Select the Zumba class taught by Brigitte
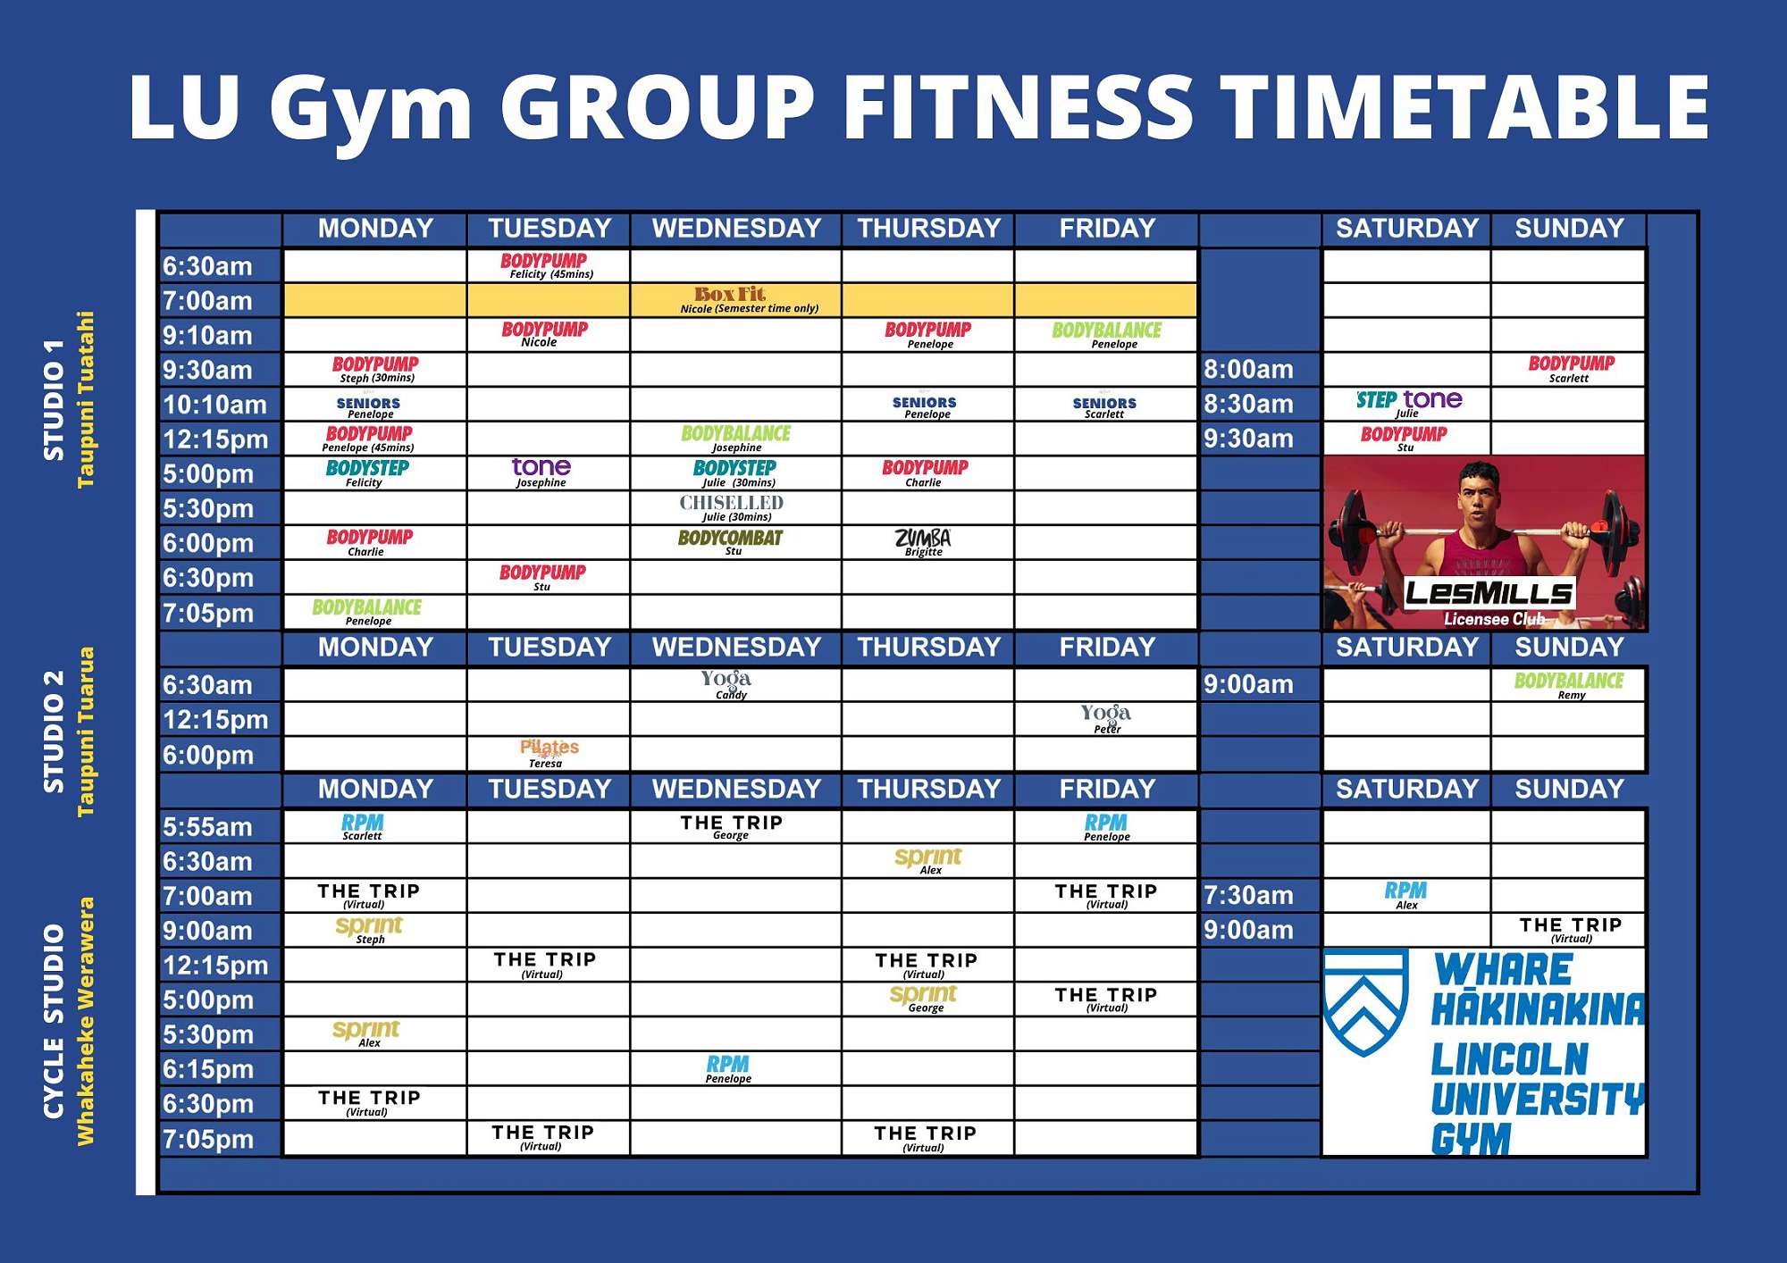coord(923,541)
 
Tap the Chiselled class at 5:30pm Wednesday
coord(732,506)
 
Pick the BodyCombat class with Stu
coord(730,541)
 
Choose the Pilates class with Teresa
coord(549,752)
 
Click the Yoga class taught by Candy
coord(726,683)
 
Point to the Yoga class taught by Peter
coord(1105,717)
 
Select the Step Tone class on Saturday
coord(1408,402)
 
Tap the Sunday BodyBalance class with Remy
coord(1568,684)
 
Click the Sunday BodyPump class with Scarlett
coord(1571,367)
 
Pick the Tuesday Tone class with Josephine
coord(541,471)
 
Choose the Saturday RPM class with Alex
coord(1405,894)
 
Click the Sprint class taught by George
coord(924,998)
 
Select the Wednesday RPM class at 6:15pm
coord(728,1067)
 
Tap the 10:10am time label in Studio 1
coord(214,405)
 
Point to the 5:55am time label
coord(207,826)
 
